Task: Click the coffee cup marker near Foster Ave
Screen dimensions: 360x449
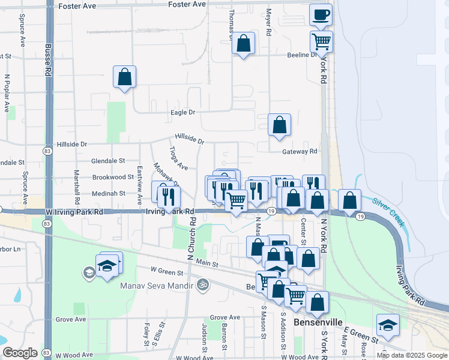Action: (x=321, y=14)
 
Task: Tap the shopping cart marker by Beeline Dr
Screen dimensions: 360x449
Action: (x=321, y=41)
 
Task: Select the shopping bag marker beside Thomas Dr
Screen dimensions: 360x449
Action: (x=243, y=43)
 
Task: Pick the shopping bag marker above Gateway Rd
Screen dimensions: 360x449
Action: (x=280, y=125)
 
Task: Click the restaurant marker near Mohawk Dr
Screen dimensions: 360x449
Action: (x=168, y=194)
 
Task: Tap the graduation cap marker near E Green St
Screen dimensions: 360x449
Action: (x=388, y=325)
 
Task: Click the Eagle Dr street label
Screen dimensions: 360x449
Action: (x=183, y=112)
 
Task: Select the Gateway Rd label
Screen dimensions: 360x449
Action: (x=300, y=152)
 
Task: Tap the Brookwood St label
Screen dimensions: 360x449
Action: (x=113, y=177)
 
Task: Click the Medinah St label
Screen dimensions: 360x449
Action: (x=109, y=193)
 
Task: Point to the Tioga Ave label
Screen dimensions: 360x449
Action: (x=178, y=159)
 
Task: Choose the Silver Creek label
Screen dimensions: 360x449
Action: (x=387, y=209)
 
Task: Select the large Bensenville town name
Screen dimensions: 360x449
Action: (x=318, y=322)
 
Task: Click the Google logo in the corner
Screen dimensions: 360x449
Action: (x=20, y=353)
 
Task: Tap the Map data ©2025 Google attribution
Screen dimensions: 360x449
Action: (x=411, y=355)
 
